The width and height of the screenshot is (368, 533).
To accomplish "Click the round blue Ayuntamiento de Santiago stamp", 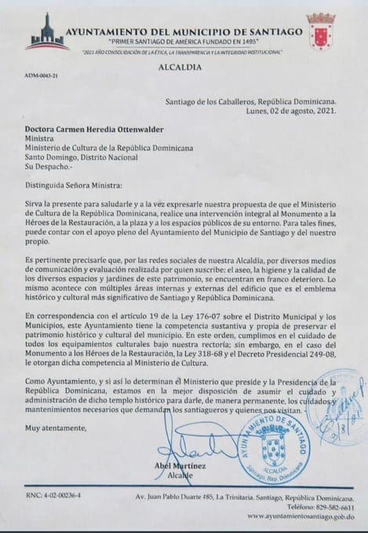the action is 287,453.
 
